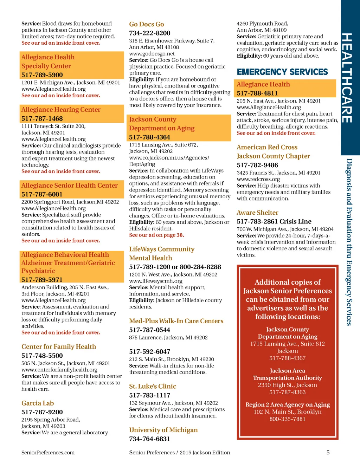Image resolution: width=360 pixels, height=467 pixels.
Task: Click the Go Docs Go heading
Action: tap(146, 24)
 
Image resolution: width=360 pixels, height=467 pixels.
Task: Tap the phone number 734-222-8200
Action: tap(149, 33)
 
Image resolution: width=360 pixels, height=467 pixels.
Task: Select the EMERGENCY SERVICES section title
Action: tap(282, 72)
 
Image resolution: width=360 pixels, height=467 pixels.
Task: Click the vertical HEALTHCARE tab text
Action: tap(347, 78)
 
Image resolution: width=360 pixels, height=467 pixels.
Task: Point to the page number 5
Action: tap(328, 453)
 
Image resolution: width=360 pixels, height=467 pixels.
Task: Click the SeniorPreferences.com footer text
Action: tap(48, 453)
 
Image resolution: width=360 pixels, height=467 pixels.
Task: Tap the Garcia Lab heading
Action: tap(38, 403)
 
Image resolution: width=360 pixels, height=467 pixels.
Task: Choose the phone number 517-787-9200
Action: tap(42, 412)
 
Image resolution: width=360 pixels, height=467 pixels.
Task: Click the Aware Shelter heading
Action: tap(257, 213)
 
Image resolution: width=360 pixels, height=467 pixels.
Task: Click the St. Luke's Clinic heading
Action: tap(153, 386)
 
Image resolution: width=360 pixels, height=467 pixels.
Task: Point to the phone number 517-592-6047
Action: tap(149, 351)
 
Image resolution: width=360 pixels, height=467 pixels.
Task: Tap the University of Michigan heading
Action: tap(163, 430)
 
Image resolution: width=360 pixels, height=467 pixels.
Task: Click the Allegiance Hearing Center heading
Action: tap(61, 110)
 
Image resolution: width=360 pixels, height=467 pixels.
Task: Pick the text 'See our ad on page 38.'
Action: tap(156, 235)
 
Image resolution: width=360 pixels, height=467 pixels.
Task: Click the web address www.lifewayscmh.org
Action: tap(156, 281)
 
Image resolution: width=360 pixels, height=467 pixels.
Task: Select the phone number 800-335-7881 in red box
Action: tap(287, 419)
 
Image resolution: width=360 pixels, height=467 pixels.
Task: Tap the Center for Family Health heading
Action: tap(59, 346)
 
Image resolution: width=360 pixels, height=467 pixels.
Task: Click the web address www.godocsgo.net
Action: tap(152, 54)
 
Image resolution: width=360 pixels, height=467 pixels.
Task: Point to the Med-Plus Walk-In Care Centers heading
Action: tap(176, 321)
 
